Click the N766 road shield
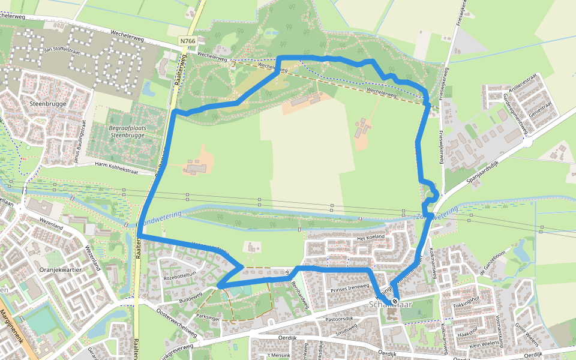coord(188,41)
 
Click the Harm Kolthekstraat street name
coord(116,168)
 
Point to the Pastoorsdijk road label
coord(339,319)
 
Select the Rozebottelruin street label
coord(180,275)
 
